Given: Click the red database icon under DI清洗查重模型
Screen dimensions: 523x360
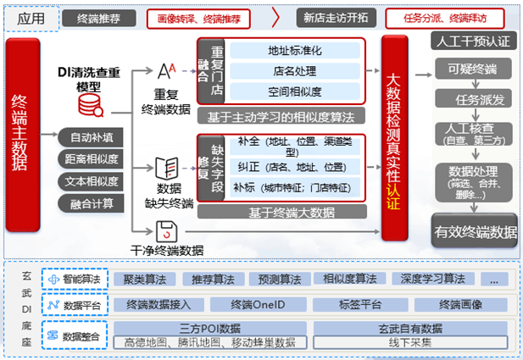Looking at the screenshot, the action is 88,105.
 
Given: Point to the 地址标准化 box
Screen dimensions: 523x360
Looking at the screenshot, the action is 294,51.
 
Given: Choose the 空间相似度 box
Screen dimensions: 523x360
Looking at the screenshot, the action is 294,91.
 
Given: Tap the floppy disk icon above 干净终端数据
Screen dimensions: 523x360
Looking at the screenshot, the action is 165,230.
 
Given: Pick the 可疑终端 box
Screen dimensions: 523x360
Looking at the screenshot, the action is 473,68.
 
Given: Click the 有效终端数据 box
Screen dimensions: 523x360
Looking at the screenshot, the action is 475,231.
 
